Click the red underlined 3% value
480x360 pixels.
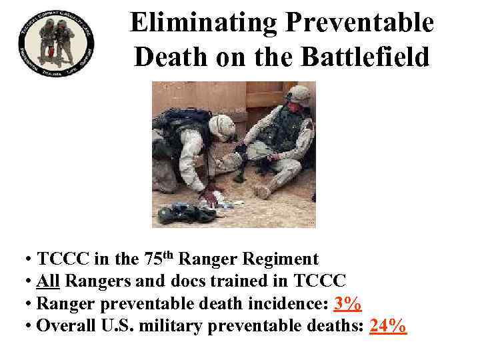(347, 305)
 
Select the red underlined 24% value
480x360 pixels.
(387, 326)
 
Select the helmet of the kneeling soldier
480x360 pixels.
(222, 127)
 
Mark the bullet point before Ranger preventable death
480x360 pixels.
(29, 305)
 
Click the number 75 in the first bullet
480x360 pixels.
(153, 259)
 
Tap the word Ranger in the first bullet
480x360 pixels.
(203, 259)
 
